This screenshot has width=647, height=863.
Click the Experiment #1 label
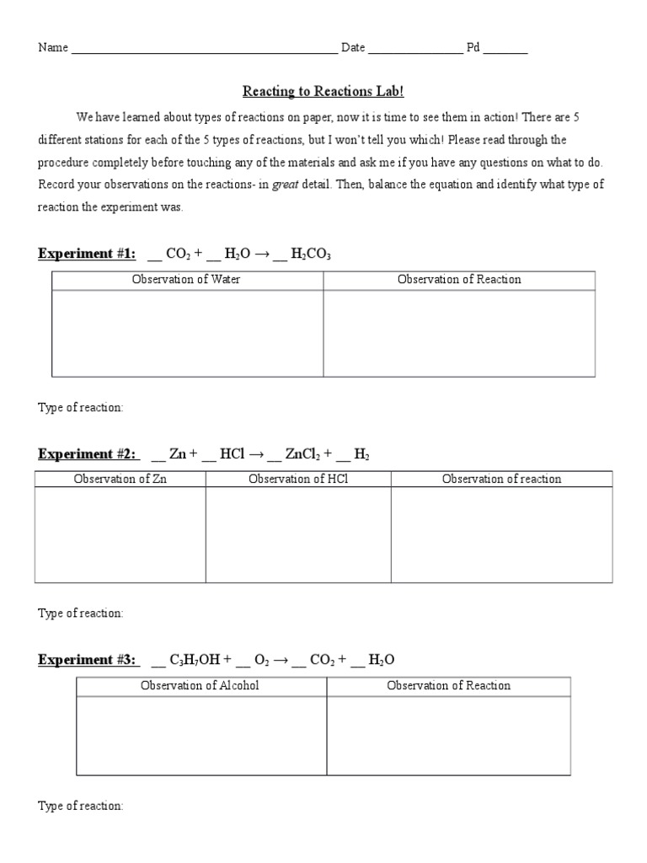click(87, 254)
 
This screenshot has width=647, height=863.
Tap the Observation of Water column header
click(187, 280)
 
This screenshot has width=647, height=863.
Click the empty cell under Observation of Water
click(187, 334)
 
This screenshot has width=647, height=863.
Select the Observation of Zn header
click(120, 479)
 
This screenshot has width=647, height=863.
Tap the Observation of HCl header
click(298, 479)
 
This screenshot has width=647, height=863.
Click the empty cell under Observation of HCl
click(298, 535)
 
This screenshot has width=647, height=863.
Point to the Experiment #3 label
click(88, 660)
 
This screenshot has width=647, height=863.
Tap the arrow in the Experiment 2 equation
click(254, 454)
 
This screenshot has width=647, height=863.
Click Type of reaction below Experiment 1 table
click(81, 408)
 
